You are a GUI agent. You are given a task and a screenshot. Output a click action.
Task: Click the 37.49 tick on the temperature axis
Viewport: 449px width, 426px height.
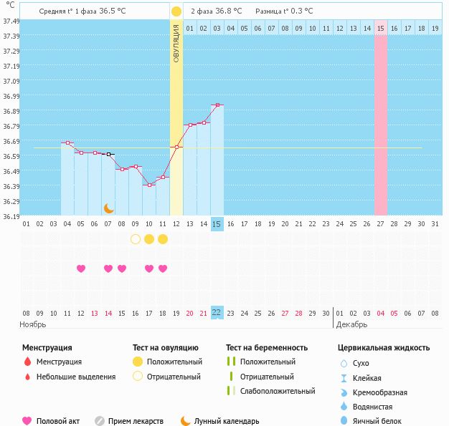pyautogui.click(x=11, y=21)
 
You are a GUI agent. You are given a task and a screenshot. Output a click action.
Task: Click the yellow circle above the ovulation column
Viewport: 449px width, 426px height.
pyautogui.click(x=176, y=11)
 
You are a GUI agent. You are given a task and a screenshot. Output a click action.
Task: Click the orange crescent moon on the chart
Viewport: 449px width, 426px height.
pyautogui.click(x=108, y=208)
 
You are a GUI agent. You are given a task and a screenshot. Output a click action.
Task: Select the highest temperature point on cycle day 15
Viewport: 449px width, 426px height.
pyautogui.click(x=217, y=105)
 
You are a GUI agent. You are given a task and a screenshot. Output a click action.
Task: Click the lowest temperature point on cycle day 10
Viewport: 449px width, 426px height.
pyautogui.click(x=149, y=185)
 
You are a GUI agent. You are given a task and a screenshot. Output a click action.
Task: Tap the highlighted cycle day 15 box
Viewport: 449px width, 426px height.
pyautogui.click(x=217, y=224)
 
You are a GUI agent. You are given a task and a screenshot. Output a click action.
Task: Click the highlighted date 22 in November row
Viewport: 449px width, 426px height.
pyautogui.click(x=217, y=313)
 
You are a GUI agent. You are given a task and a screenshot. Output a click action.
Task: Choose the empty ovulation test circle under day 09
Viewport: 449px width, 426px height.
pyautogui.click(x=136, y=239)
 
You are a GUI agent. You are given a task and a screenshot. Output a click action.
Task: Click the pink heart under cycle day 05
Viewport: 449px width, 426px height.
pyautogui.click(x=81, y=268)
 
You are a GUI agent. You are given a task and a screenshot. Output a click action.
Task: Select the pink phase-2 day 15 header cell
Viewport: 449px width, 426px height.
pyautogui.click(x=381, y=28)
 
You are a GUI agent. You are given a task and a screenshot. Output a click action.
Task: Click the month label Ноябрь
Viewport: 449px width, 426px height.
pyautogui.click(x=33, y=324)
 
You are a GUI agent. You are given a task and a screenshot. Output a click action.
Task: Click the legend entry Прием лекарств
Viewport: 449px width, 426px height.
pyautogui.click(x=136, y=422)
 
